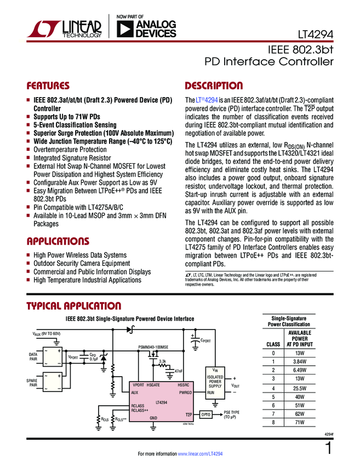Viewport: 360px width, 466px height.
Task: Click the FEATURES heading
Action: [48, 86]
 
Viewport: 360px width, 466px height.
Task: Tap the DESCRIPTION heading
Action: [214, 86]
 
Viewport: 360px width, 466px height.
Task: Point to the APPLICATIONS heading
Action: [58, 242]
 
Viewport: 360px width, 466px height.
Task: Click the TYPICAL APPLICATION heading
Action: [73, 306]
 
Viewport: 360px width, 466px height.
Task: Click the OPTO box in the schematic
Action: [205, 414]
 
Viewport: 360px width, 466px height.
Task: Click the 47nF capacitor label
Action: [178, 372]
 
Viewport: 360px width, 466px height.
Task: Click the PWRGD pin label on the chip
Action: [185, 393]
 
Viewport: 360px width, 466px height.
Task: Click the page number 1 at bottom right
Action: [328, 448]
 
